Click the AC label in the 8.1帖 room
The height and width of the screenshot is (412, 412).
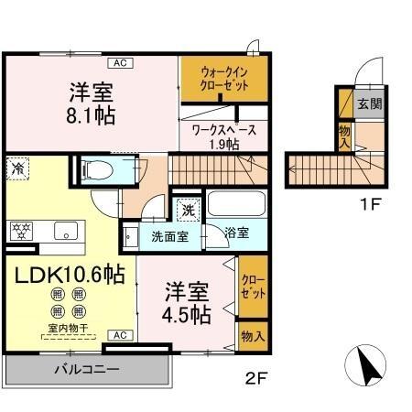click(119, 63)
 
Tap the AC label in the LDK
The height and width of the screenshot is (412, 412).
click(119, 335)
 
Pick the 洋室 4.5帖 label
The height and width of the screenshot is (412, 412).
click(187, 303)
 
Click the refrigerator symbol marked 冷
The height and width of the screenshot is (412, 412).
click(17, 168)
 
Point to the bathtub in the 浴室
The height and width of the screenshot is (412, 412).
click(235, 203)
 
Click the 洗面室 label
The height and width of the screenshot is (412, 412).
click(170, 235)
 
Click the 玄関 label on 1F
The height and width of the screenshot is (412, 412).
click(368, 103)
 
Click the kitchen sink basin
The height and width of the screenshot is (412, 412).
click(65, 230)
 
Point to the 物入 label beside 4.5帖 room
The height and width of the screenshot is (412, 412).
click(252, 336)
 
